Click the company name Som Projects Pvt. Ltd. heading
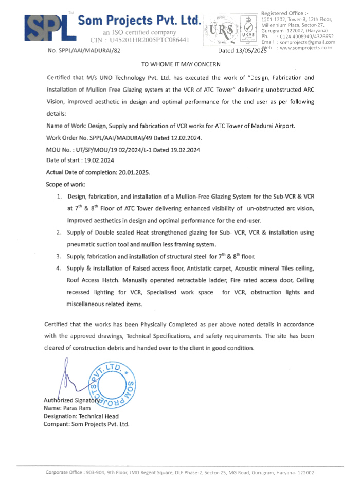(139, 21)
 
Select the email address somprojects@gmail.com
(307, 42)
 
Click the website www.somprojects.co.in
(305, 47)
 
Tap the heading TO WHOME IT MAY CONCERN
(181, 64)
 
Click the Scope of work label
(66, 184)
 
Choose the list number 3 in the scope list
(60, 256)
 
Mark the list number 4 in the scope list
(60, 269)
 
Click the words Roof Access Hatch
(91, 280)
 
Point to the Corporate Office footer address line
(180, 472)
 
